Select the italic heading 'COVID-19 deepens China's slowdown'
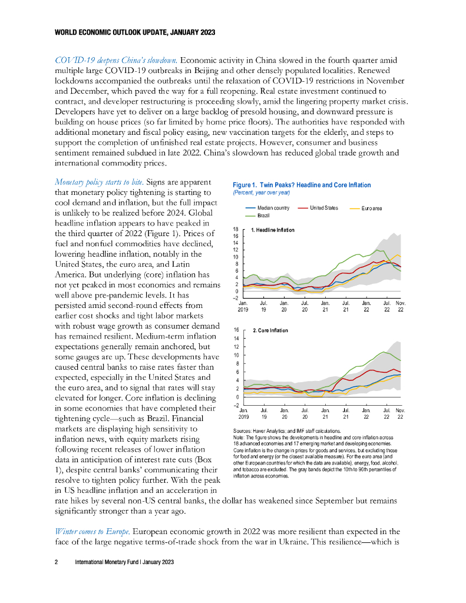tap(116, 60)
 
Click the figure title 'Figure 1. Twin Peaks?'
tap(302, 185)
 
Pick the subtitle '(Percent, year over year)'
tap(261, 193)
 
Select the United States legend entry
tap(324, 208)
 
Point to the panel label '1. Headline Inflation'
tap(273, 230)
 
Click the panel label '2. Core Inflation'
tap(270, 331)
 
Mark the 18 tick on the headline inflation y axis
tap(236, 229)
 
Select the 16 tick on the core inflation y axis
tap(236, 330)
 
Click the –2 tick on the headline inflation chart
tap(236, 298)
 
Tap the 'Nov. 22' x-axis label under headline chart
tap(401, 306)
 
